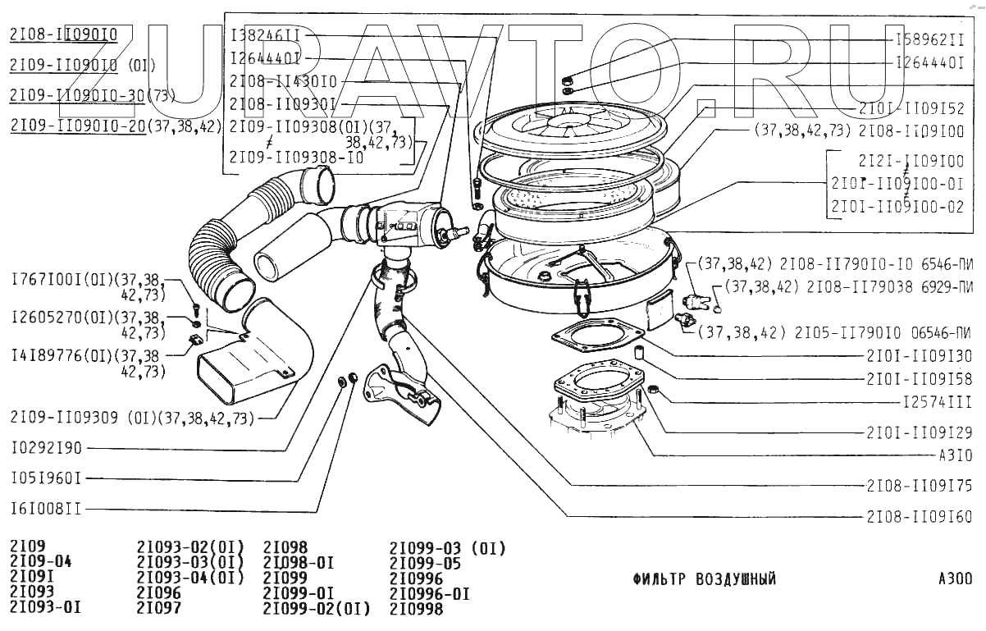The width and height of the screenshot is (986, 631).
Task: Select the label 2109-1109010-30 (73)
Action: (93, 95)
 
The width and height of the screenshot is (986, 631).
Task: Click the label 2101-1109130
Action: (919, 356)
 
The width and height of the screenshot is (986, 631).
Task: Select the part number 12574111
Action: (934, 402)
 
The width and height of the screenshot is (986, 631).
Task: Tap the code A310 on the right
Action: (956, 455)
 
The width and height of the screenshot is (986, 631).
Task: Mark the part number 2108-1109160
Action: (919, 517)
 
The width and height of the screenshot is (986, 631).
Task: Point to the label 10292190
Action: (46, 449)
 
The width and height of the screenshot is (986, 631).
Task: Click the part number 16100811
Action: (46, 509)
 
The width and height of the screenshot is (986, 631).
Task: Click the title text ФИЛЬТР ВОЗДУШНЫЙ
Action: (705, 579)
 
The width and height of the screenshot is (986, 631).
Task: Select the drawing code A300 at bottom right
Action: (956, 578)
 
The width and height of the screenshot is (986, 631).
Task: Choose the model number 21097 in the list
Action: (159, 608)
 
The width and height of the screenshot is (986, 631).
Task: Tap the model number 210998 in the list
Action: (416, 609)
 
